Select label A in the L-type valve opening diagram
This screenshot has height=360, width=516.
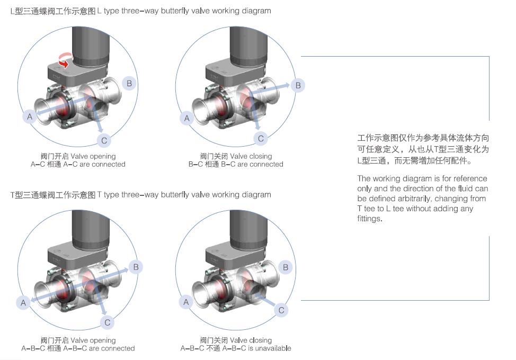30,116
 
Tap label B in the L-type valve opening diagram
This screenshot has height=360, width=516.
129,83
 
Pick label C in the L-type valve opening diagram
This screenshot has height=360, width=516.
104,140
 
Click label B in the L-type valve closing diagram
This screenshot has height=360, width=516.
298,85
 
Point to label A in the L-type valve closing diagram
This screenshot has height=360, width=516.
186,119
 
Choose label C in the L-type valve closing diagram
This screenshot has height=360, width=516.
261,139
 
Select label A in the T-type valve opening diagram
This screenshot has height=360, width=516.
23,303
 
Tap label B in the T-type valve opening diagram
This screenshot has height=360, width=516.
136,267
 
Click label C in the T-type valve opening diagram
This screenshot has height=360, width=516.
108,322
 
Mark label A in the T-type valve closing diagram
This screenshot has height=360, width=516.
185,302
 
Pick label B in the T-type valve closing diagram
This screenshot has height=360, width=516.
286,267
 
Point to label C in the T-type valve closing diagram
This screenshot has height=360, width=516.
282,310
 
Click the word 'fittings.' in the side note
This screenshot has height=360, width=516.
369,219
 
